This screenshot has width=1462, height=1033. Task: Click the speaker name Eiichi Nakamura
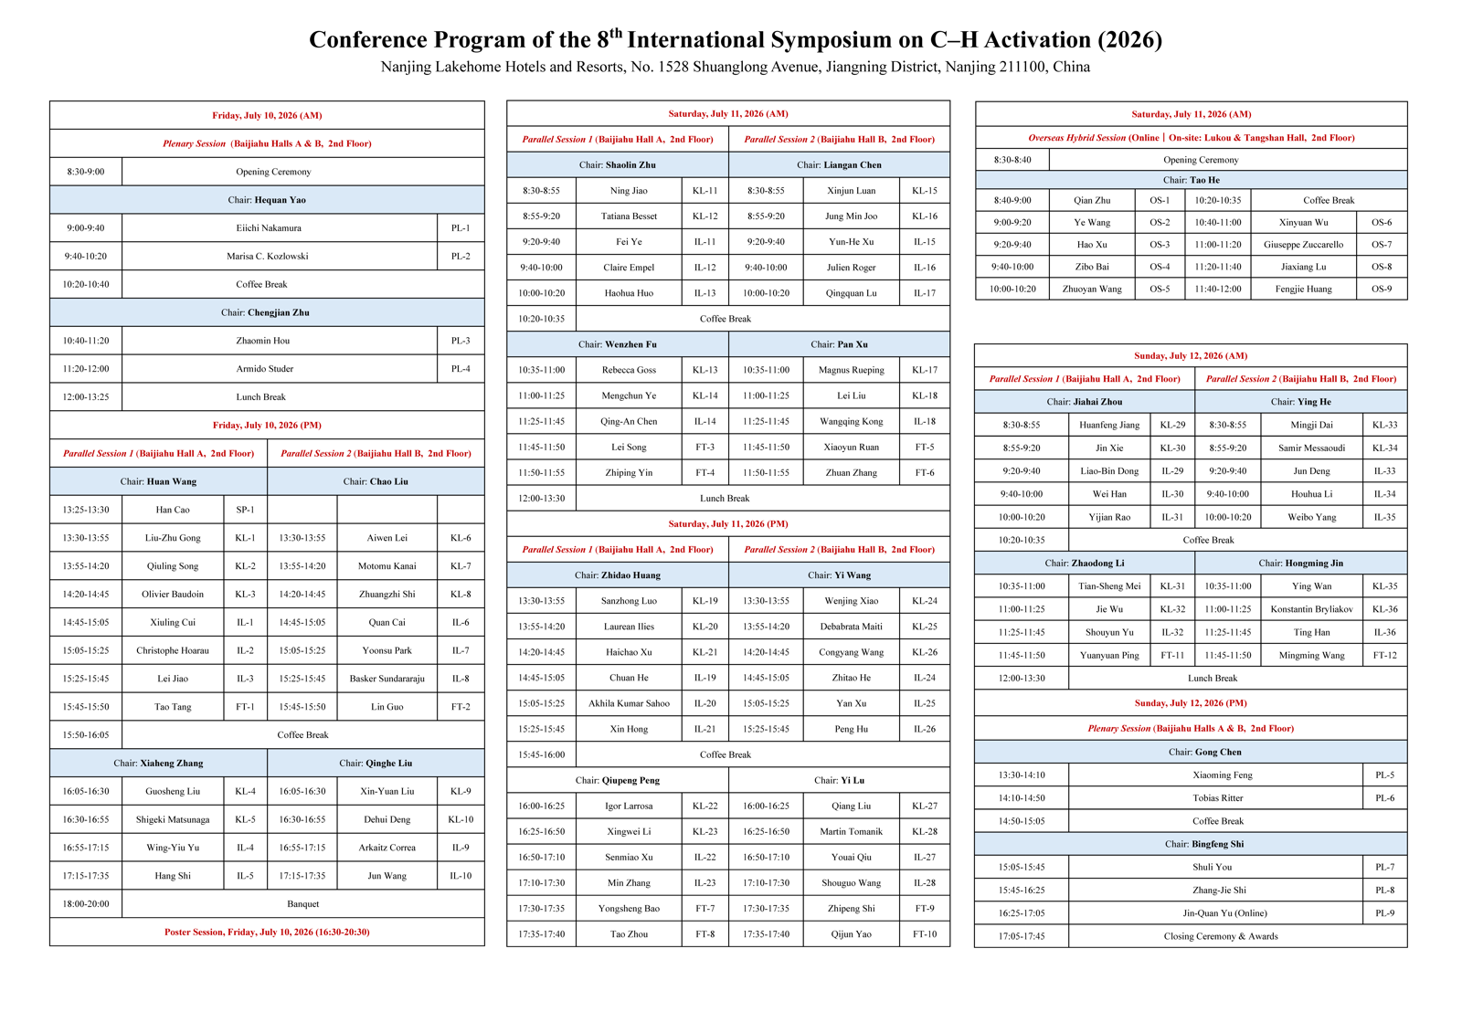269,227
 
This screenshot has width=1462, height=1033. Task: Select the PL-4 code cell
461,369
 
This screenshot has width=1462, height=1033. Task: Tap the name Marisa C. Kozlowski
267,256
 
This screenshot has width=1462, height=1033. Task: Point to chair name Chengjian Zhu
278,312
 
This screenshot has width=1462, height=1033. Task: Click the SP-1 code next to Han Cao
245,510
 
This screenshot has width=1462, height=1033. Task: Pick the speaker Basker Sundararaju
387,679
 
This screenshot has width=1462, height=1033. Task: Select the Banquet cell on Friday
302,904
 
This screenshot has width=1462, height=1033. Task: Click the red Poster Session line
267,932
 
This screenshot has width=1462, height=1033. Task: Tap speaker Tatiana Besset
629,216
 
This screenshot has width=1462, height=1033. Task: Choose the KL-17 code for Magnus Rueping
924,370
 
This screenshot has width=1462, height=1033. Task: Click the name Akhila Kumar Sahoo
629,703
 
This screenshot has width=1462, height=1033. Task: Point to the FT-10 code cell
924,933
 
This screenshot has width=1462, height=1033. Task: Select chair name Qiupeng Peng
630,781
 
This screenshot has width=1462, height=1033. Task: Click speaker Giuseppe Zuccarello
1303,245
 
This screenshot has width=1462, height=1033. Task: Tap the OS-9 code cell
1381,289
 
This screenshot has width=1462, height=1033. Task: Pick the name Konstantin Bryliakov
1311,609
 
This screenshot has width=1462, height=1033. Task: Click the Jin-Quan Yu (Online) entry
1224,913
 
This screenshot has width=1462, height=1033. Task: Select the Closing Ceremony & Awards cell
1221,936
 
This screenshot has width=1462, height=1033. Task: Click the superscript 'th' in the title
616,33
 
